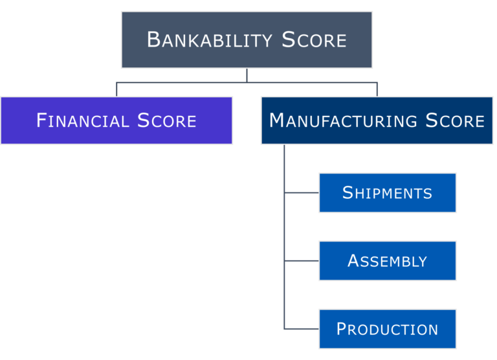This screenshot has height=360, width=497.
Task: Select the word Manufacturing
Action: (343, 121)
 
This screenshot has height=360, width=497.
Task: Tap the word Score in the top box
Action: (315, 40)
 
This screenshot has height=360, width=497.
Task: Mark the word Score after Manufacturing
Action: (455, 121)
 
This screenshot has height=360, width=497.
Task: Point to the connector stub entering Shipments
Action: (302, 193)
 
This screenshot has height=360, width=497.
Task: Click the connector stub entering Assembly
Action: (302, 261)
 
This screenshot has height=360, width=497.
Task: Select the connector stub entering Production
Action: (302, 329)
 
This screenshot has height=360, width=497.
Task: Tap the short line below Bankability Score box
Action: (247, 75)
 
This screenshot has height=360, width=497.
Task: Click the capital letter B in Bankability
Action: (153, 40)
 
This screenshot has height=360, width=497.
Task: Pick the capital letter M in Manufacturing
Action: (278, 120)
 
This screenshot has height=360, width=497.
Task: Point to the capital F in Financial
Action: (42, 120)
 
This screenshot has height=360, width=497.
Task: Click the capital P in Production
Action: (342, 329)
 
